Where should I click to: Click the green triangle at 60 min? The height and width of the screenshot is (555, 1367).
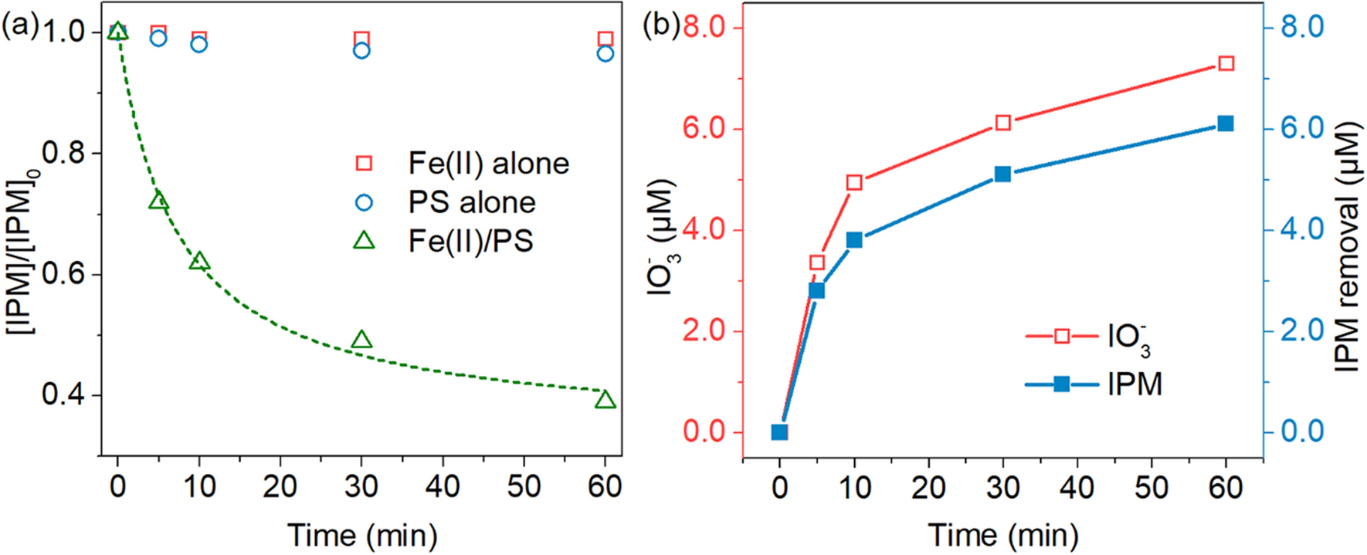(x=605, y=400)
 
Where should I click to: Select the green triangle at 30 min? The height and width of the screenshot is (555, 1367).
(x=361, y=340)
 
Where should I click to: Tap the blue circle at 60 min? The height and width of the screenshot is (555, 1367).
(x=605, y=53)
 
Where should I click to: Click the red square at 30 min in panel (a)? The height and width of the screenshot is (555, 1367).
(x=361, y=39)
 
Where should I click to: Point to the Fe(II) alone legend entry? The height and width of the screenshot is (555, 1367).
(x=488, y=164)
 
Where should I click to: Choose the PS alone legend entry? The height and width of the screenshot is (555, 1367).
(x=472, y=202)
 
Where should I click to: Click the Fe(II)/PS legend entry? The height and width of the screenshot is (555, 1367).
(x=470, y=242)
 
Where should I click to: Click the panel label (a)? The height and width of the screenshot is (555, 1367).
(x=20, y=26)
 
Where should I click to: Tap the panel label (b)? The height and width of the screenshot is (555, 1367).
(x=661, y=26)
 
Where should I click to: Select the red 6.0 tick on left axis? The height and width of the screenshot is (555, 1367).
(x=704, y=128)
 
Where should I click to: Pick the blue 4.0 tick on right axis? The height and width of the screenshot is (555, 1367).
(x=1302, y=229)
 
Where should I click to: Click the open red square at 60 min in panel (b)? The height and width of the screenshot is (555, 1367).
(x=1226, y=63)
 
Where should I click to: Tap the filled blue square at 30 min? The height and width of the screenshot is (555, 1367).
(x=1002, y=174)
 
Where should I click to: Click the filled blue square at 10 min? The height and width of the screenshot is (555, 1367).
(x=854, y=240)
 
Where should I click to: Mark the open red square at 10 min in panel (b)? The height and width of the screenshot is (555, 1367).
(x=854, y=183)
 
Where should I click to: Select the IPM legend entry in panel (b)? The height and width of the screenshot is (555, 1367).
(x=1134, y=384)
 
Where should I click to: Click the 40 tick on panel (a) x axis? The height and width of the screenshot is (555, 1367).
(x=443, y=487)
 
